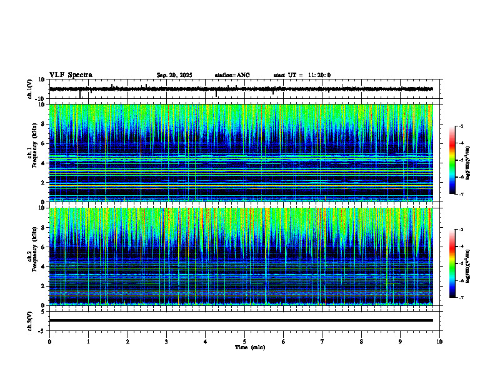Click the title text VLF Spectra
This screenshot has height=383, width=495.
[x=71, y=75]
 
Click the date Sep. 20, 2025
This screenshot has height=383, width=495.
[x=174, y=75]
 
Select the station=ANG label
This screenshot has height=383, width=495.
[x=232, y=75]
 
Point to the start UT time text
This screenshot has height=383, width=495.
[x=302, y=75]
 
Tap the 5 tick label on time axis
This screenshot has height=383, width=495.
[x=244, y=342]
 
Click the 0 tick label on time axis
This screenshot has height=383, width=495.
[x=49, y=342]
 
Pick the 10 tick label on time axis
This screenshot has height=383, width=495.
[x=439, y=342]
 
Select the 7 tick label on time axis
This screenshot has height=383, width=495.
[x=322, y=342]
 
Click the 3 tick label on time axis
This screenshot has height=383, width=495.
[x=166, y=342]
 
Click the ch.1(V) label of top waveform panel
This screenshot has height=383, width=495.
[x=30, y=89]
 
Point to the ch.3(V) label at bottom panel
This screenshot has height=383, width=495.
[x=30, y=320]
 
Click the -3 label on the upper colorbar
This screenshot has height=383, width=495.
[x=461, y=126]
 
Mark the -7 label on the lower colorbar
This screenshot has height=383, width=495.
[x=461, y=297]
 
